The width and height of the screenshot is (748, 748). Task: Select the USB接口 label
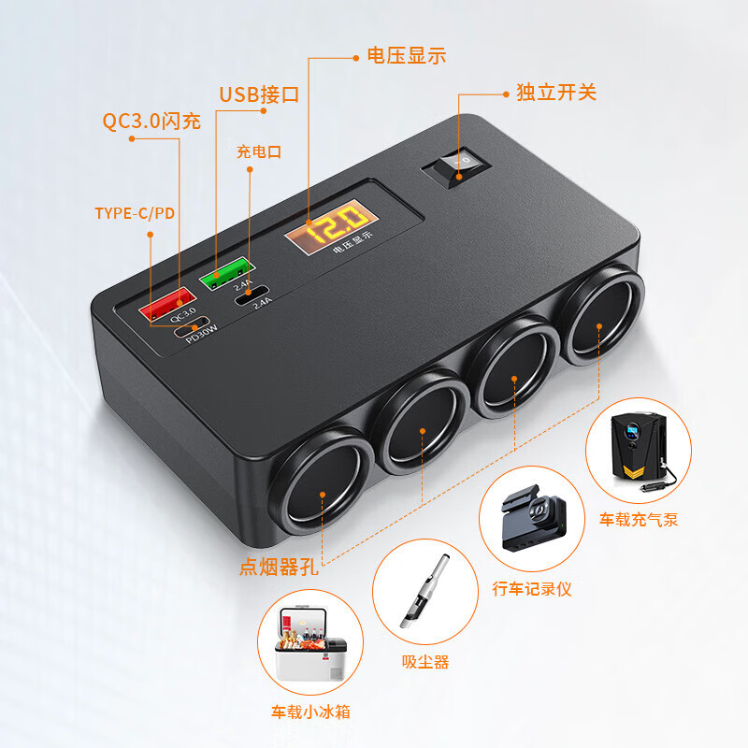pyautogui.click(x=259, y=94)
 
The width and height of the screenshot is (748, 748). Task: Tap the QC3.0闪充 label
pyautogui.click(x=151, y=122)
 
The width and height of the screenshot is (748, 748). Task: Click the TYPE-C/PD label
pyautogui.click(x=135, y=213)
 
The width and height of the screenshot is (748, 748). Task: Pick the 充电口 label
pyautogui.click(x=259, y=152)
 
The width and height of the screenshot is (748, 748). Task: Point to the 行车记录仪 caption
pyautogui.click(x=531, y=589)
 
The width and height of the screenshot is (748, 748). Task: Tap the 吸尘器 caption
pyautogui.click(x=425, y=662)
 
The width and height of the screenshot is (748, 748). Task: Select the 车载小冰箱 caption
pyautogui.click(x=310, y=712)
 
